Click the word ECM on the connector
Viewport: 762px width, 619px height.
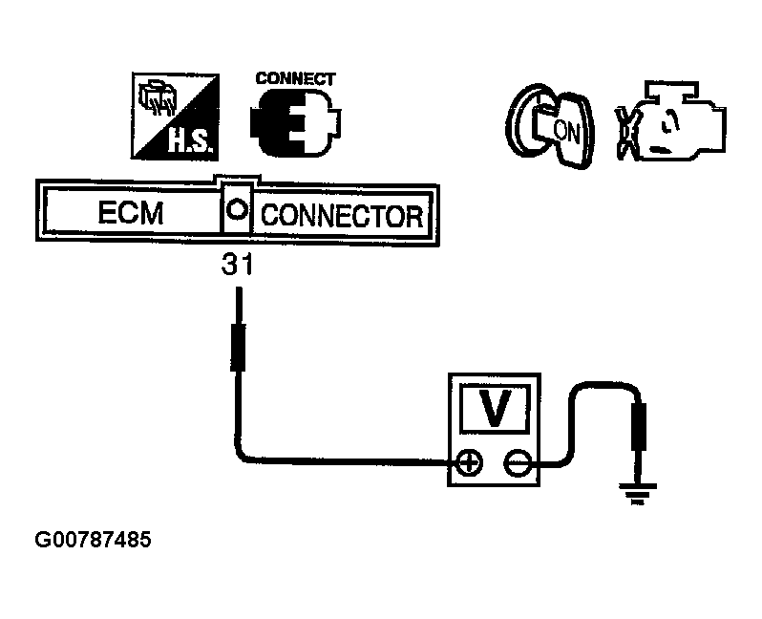130,214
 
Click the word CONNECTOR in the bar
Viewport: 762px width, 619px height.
341,215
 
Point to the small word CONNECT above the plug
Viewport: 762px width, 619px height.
295,78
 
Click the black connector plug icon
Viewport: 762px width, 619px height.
295,123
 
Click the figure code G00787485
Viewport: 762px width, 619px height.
93,541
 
